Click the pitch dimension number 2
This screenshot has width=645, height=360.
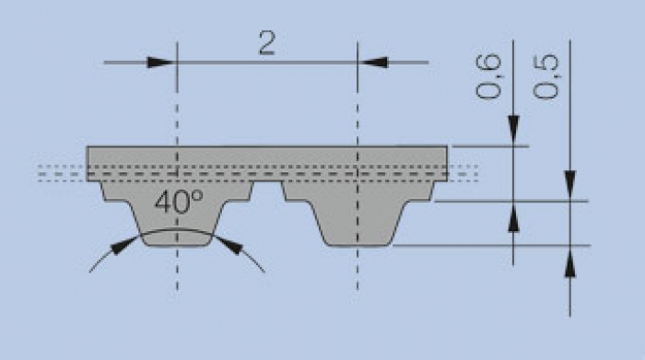coord(266,43)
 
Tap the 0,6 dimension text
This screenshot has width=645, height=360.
coord(488,76)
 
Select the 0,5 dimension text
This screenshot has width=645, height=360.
coord(545,76)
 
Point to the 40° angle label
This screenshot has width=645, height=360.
coord(179,202)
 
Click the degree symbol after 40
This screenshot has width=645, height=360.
coord(197,194)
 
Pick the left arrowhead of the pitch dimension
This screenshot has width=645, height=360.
coord(161,63)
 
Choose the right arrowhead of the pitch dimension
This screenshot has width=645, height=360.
coord(372,63)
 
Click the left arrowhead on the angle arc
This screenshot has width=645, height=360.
coord(124,245)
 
